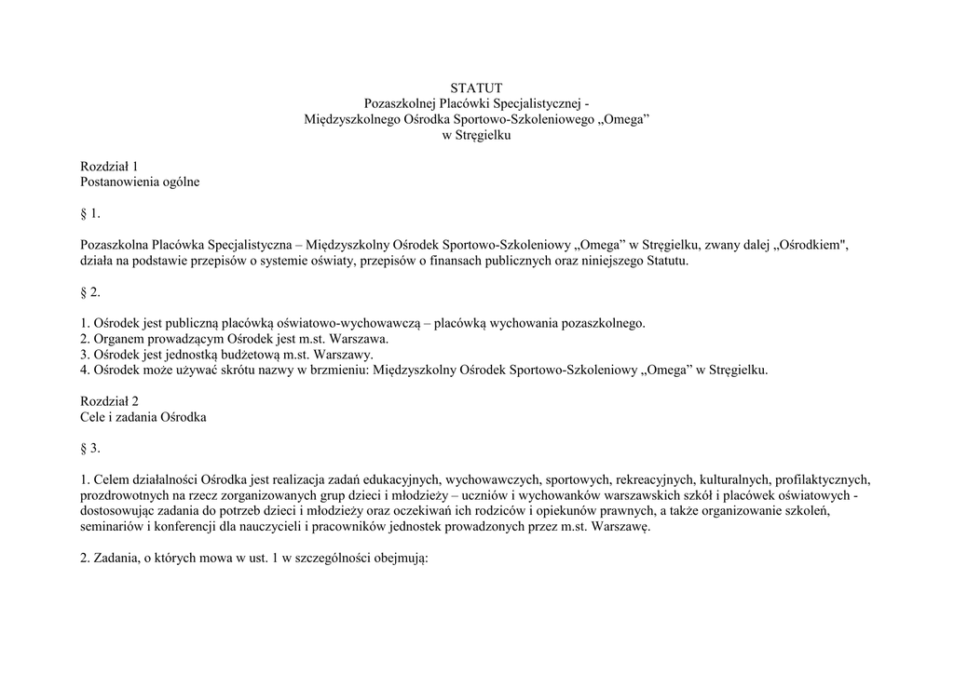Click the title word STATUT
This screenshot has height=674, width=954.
coord(476,88)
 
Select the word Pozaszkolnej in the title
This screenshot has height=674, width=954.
coord(400,103)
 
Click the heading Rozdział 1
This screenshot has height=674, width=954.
coord(109,166)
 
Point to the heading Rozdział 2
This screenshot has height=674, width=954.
coord(109,401)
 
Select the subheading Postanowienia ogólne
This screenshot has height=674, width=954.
coord(140,182)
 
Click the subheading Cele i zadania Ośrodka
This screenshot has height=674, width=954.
coord(143,417)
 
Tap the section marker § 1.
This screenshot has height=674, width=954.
coord(90,213)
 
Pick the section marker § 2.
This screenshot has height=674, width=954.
coord(90,291)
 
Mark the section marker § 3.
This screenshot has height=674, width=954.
coord(90,448)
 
